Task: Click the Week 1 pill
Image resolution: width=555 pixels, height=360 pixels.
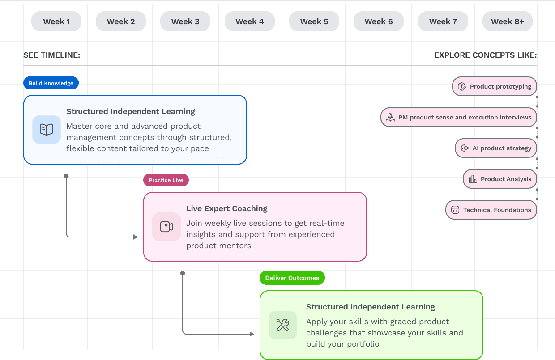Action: click(56, 21)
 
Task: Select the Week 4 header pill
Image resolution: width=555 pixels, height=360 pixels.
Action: click(250, 21)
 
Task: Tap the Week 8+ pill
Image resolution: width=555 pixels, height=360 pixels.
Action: click(508, 21)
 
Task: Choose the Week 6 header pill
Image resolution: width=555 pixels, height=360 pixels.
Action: click(379, 21)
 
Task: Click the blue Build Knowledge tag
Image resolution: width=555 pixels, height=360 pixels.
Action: click(51, 83)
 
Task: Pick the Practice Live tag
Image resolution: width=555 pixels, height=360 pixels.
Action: click(166, 180)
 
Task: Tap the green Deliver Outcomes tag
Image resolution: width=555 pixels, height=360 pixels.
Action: click(292, 278)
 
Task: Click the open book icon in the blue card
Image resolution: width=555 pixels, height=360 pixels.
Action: click(47, 130)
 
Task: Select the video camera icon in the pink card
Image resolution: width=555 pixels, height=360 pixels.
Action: click(166, 227)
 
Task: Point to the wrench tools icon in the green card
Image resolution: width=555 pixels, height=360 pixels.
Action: click(283, 325)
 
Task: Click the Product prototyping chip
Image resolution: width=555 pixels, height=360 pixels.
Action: click(495, 87)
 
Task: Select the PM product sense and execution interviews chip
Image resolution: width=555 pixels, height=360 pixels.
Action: click(459, 117)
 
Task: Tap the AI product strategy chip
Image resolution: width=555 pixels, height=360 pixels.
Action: click(496, 148)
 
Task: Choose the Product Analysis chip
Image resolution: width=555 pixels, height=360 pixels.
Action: click(500, 179)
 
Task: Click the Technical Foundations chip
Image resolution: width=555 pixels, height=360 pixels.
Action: click(491, 210)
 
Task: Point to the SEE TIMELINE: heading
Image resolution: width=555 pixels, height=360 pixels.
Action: click(52, 55)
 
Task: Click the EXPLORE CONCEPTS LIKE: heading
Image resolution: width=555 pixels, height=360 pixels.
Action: click(485, 55)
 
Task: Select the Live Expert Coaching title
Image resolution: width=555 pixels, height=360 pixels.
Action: click(227, 208)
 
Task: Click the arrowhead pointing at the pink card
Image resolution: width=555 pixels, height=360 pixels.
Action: click(135, 237)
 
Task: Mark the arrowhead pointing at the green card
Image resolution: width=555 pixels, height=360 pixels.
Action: click(252, 334)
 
